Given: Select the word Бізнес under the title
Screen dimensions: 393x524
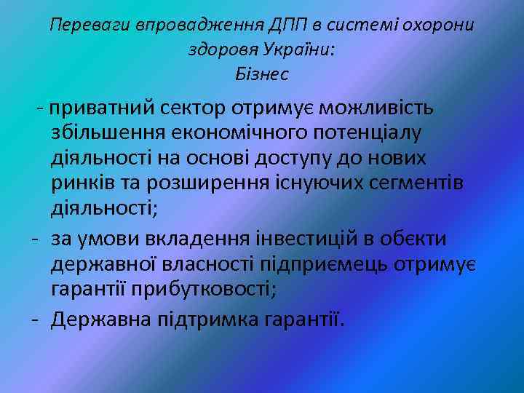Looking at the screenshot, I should tap(262, 74).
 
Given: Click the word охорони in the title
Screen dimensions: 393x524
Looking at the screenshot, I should tap(436, 25).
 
